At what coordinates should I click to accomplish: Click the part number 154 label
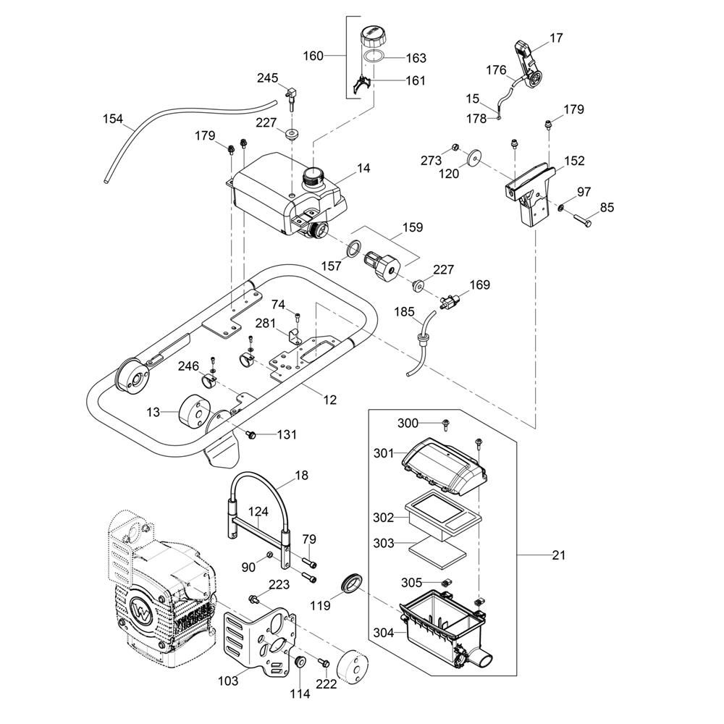(112, 119)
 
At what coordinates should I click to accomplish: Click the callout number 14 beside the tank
(363, 168)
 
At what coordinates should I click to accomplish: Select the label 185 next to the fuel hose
(404, 313)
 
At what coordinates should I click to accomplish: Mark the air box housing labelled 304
(442, 624)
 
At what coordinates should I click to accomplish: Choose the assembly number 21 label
(557, 555)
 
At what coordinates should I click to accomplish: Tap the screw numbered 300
(447, 423)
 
